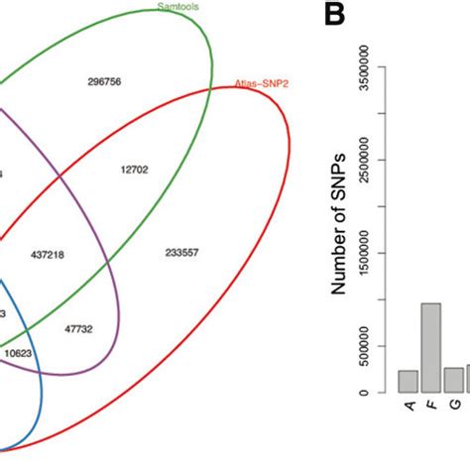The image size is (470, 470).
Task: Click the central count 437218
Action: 48,254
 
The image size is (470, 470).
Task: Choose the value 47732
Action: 78,327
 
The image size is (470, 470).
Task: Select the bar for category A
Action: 408,382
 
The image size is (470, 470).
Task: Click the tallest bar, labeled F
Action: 431,348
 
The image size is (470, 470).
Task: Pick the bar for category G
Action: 454,380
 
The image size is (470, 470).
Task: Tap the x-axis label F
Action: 431,407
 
